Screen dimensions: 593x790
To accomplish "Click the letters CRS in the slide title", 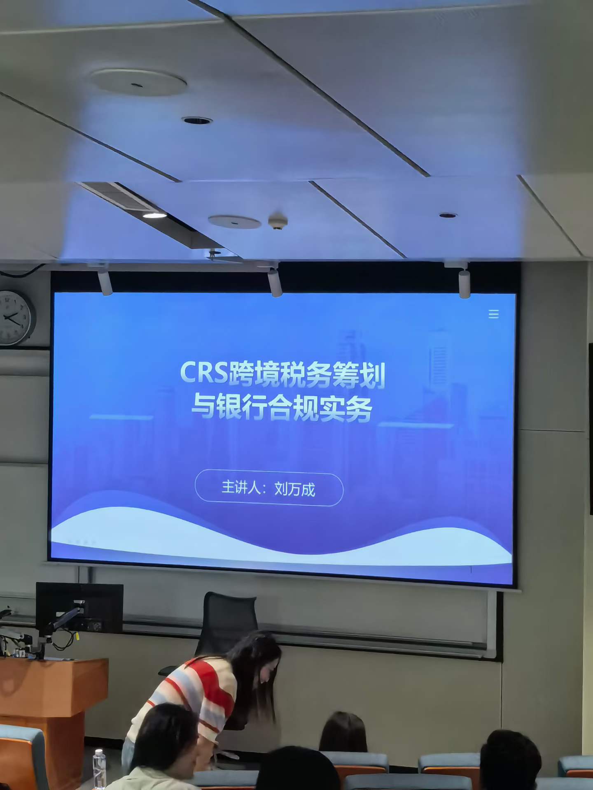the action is pos(204,373).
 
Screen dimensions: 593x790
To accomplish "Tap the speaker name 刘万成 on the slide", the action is pos(294,489).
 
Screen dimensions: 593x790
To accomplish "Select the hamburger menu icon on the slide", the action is pos(493,314).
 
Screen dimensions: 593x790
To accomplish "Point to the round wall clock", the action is pos(16,317).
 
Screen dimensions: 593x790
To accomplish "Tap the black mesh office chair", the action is pos(222,625).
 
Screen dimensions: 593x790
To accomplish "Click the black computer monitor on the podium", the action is pos(79,607).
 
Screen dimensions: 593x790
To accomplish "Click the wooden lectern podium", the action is pos(49,716).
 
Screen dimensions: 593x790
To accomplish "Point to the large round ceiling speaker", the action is pos(138,81).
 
